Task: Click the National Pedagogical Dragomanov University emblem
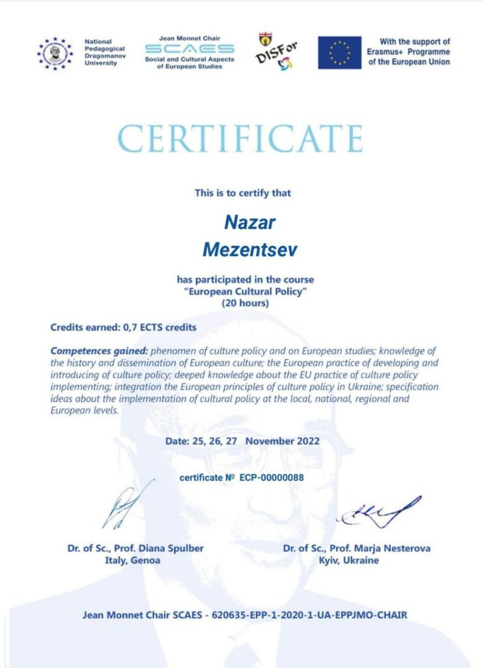[55, 53]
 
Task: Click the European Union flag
[339, 53]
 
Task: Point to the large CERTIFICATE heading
[240, 138]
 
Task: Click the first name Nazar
[249, 223]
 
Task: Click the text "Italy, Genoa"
[133, 560]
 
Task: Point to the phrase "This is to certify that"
[243, 193]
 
